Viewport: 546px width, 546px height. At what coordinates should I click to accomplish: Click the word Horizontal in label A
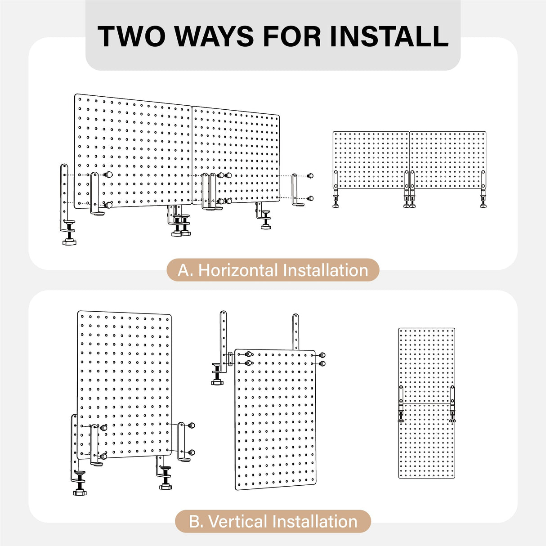[238, 270]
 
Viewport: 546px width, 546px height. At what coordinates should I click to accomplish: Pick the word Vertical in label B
[238, 522]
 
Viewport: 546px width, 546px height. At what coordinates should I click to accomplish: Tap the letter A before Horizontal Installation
[184, 270]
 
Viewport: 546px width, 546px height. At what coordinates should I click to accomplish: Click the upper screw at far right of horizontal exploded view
[310, 176]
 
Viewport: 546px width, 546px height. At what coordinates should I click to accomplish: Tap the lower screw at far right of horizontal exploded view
[310, 198]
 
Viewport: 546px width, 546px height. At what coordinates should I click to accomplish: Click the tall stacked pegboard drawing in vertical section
[426, 403]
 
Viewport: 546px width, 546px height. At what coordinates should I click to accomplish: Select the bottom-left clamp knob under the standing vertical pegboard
[80, 492]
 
